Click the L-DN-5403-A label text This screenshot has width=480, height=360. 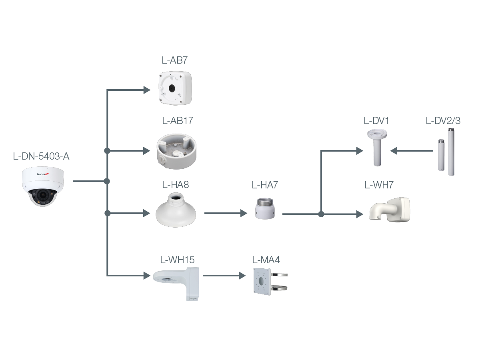[x=41, y=156]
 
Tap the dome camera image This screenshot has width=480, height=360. [x=43, y=186]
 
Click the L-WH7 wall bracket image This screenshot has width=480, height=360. [x=390, y=209]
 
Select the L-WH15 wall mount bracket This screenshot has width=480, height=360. [x=176, y=282]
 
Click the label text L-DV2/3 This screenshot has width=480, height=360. [x=443, y=121]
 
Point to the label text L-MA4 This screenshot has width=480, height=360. [x=266, y=260]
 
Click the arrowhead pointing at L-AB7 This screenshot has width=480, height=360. [x=147, y=90]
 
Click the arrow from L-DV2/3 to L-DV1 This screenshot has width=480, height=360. [x=412, y=151]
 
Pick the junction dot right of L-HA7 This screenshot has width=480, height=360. [x=321, y=214]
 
